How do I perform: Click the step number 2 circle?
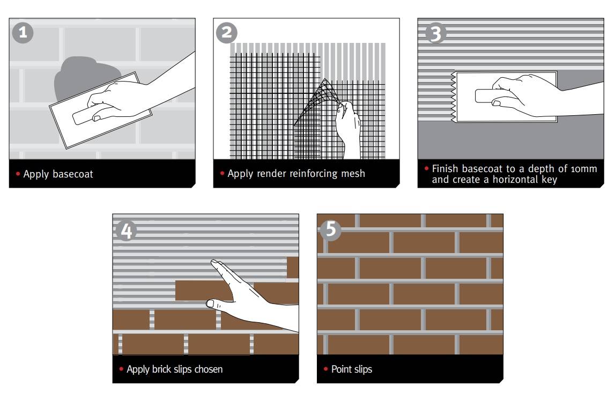tap(227, 33)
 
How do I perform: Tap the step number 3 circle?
tap(435, 33)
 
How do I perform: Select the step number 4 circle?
tap(126, 231)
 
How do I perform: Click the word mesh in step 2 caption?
tap(352, 174)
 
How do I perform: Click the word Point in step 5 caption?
tap(342, 369)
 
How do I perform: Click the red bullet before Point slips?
tap(327, 369)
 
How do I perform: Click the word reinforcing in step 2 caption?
tap(306, 174)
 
